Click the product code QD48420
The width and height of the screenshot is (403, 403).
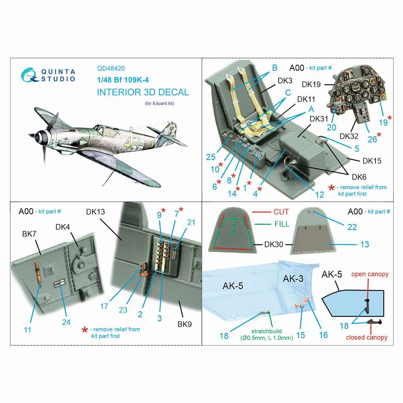[x=111, y=68]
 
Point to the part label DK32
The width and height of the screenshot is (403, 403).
[x=349, y=136]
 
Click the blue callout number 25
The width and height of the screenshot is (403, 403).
[x=211, y=157]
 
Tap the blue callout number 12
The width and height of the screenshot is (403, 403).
[x=319, y=194]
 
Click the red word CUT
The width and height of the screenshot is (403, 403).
[x=281, y=212]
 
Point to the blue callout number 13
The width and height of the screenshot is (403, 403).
[x=364, y=244]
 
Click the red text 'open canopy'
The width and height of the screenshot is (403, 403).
[x=370, y=274]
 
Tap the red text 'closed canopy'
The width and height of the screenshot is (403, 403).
[x=366, y=337]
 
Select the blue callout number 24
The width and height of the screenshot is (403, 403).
[x=66, y=322]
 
